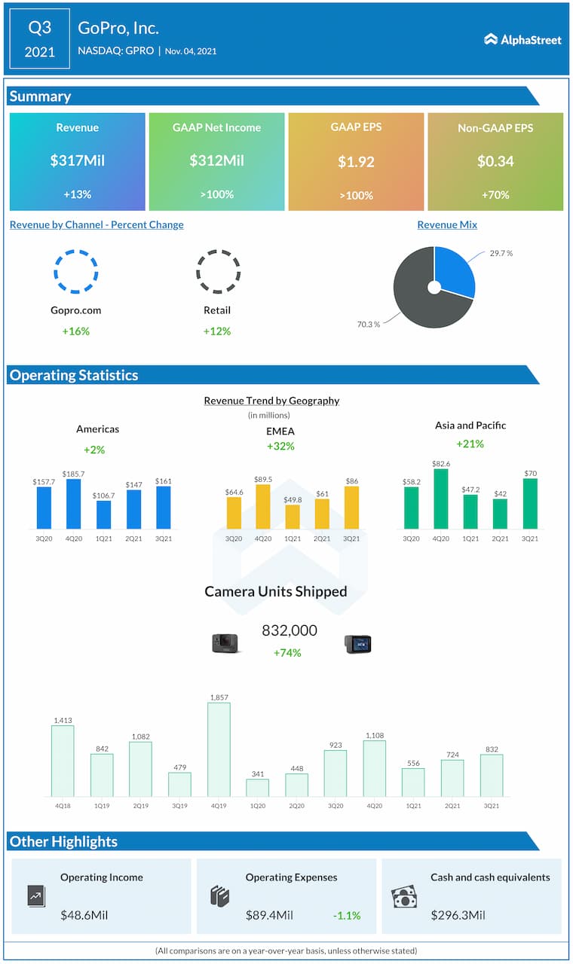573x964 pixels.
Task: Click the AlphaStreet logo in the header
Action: pos(522,39)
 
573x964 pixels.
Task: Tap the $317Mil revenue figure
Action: pos(77,161)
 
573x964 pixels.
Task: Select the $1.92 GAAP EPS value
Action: pos(356,161)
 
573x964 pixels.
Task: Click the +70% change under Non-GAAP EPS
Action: pos(495,195)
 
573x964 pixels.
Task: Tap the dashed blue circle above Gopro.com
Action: pos(76,271)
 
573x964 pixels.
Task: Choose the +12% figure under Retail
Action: pos(217,331)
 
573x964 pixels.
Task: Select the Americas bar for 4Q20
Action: pos(74,504)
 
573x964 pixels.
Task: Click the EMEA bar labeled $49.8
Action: pos(293,517)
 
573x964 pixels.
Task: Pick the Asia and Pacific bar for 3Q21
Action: pos(530,503)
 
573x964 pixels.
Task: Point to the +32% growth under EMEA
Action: pos(280,447)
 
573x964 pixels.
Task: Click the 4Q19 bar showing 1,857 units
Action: pos(219,749)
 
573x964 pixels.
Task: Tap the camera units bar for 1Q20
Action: pos(258,787)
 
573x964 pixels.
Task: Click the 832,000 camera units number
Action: pos(290,630)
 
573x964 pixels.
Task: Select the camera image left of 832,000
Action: pos(225,643)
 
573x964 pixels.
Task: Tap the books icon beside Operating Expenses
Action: pos(219,896)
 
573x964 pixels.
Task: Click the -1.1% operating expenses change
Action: pos(347,916)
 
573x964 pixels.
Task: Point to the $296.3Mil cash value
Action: pos(458,916)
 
